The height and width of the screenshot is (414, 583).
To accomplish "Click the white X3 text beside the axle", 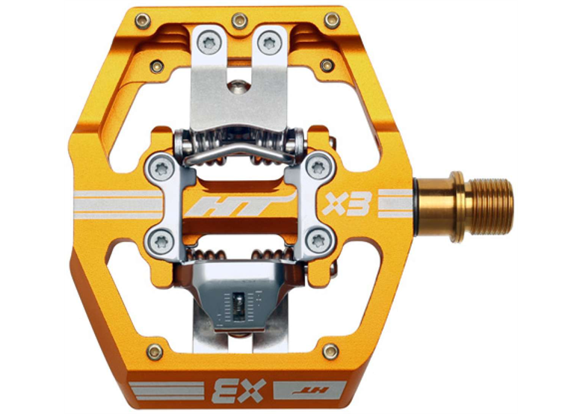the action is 347,204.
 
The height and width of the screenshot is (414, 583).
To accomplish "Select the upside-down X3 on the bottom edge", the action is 238,391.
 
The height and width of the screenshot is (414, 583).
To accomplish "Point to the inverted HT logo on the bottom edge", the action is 310,390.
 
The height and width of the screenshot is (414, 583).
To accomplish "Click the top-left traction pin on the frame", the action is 143,20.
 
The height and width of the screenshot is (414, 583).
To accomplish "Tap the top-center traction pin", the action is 239,20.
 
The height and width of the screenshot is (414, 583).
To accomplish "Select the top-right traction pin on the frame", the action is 332,20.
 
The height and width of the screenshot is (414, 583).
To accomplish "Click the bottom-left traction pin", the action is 155,351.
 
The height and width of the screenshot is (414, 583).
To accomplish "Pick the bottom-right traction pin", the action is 330,351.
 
